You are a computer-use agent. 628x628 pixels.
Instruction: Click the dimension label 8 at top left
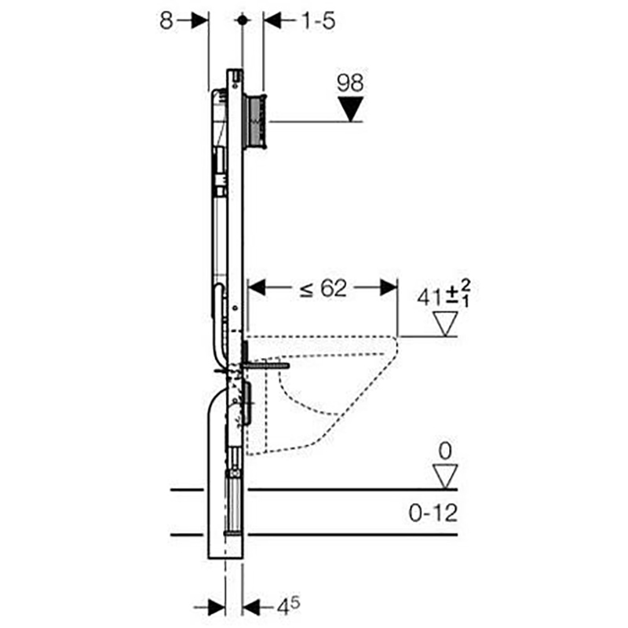coord(166,20)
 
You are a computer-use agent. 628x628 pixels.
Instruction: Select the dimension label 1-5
coord(319,20)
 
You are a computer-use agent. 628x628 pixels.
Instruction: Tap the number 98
coord(350,82)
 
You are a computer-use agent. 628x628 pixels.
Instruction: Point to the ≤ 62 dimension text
coord(323,288)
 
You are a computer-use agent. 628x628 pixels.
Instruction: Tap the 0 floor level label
coord(445,451)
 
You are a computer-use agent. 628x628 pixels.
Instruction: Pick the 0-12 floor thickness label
coord(433,513)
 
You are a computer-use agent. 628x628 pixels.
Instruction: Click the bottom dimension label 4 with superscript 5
coord(288,606)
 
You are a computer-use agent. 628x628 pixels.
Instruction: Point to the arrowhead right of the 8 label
coord(200,20)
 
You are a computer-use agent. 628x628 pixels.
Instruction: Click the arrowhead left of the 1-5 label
coord(272,20)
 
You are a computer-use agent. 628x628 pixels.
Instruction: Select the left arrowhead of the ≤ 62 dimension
coord(257,287)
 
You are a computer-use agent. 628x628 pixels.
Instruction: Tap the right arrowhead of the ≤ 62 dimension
coord(389,287)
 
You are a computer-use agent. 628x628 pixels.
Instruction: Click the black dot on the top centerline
coord(242,20)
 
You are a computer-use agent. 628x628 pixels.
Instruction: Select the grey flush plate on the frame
coord(255,122)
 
